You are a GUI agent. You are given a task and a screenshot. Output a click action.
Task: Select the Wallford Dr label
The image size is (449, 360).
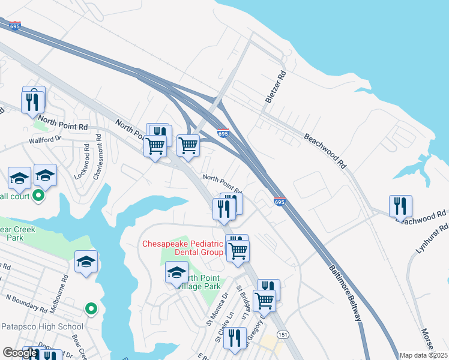(x=45, y=139)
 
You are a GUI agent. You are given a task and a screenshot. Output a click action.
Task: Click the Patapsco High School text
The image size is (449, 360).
(x=41, y=327)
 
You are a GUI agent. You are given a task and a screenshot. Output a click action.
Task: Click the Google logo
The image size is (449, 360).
(x=20, y=353)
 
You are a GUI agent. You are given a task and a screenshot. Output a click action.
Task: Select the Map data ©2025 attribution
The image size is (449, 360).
(x=423, y=355)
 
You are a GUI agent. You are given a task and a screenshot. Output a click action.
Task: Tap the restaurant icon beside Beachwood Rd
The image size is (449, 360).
(x=400, y=206)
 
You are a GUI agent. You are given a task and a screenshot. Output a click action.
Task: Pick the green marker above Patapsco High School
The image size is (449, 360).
(x=91, y=308)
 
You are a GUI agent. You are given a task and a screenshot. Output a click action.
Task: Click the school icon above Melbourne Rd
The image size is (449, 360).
(x=86, y=261)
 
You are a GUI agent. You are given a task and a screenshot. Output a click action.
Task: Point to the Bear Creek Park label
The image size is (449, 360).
(x=18, y=233)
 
